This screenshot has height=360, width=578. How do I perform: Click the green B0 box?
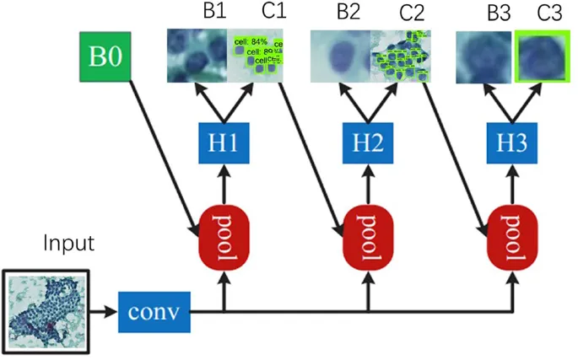[x=107, y=57]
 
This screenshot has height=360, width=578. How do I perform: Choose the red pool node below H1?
[x=224, y=228]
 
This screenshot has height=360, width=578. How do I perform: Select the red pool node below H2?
[x=370, y=228]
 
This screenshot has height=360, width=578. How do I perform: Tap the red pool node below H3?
[x=513, y=228]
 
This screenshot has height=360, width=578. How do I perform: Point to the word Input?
[x=69, y=244]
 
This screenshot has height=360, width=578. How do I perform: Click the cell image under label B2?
[x=340, y=56]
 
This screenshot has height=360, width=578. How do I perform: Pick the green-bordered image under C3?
[x=543, y=57]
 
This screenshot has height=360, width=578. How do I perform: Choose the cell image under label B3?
[x=483, y=57]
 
